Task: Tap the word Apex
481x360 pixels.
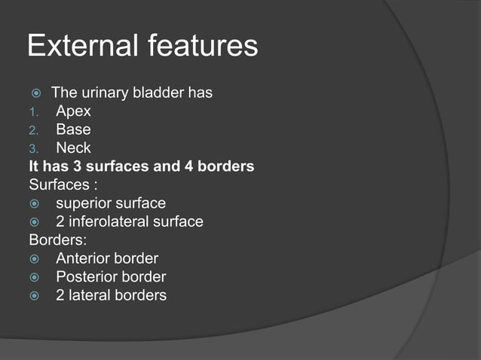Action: click(x=73, y=111)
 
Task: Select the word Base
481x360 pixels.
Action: click(x=73, y=130)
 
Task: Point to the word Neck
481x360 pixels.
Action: click(x=73, y=148)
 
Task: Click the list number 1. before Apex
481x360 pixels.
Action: click(x=34, y=112)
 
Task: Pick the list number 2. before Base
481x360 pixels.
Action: click(x=34, y=130)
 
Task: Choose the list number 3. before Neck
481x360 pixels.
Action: click(x=34, y=148)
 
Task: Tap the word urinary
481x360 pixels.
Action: click(x=106, y=93)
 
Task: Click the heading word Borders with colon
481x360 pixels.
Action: click(x=57, y=240)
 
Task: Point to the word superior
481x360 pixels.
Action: click(x=84, y=203)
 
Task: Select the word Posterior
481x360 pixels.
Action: click(x=85, y=276)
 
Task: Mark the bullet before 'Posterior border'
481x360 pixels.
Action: click(x=35, y=277)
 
